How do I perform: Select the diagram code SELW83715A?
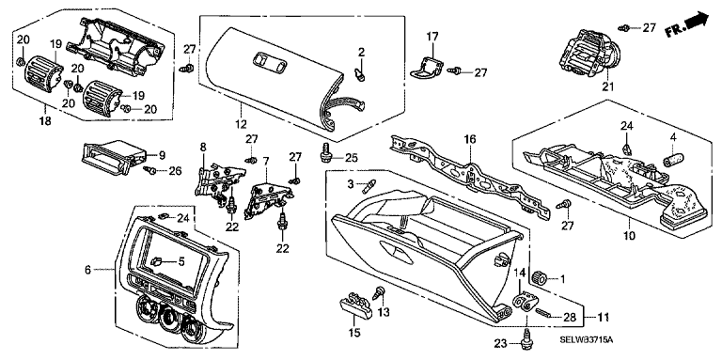(587, 339)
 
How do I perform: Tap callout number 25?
(352, 158)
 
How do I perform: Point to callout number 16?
(470, 139)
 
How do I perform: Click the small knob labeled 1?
(539, 278)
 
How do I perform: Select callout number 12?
(241, 124)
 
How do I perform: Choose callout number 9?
(162, 155)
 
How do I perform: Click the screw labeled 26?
(149, 170)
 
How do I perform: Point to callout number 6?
(88, 270)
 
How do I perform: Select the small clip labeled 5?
(156, 262)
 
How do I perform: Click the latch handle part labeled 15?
(354, 305)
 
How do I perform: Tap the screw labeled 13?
(381, 292)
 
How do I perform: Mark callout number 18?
(46, 121)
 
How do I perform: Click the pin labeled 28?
(543, 314)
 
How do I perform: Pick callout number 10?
(629, 236)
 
